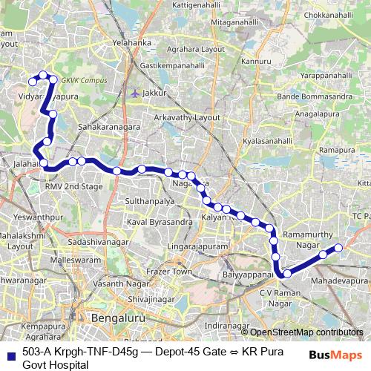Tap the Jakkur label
tap(154, 93)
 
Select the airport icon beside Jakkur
tap(134, 93)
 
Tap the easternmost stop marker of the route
tap(338, 248)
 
